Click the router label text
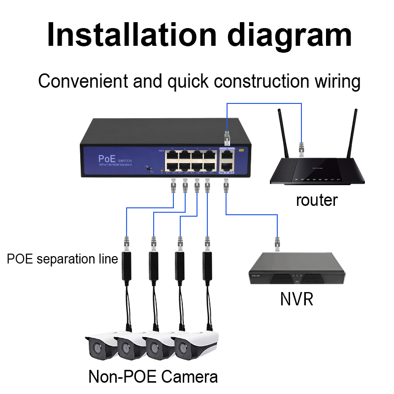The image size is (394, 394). (x=317, y=200)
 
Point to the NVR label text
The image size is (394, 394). (x=296, y=299)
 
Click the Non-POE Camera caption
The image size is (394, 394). (x=153, y=377)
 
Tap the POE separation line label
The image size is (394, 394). (x=62, y=259)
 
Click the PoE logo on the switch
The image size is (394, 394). (x=107, y=159)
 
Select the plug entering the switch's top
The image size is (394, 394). (x=227, y=136)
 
